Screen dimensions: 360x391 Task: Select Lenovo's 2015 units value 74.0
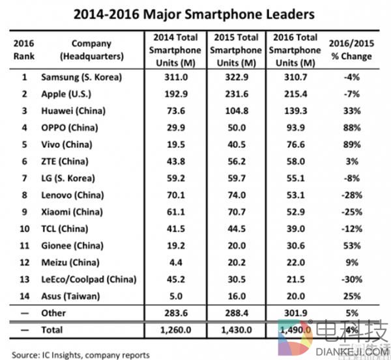click(x=231, y=195)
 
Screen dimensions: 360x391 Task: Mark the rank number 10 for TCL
click(x=24, y=228)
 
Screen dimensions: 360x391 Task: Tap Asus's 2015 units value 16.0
click(x=231, y=296)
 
